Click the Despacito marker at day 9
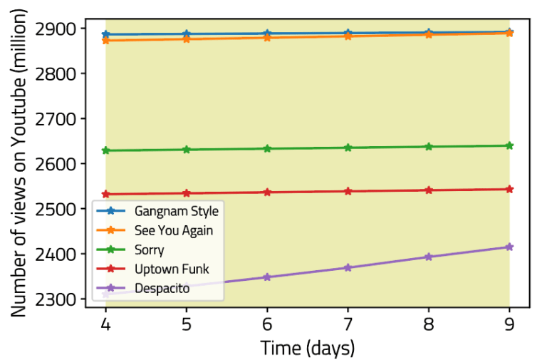509,247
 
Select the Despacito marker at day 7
348,267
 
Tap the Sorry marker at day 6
267,149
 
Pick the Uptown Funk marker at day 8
429,190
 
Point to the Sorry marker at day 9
509,145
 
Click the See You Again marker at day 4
105,41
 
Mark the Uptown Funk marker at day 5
187,193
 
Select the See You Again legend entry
173,230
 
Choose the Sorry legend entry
149,250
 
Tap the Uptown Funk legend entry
169,269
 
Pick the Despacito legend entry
162,289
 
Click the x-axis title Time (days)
307,347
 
